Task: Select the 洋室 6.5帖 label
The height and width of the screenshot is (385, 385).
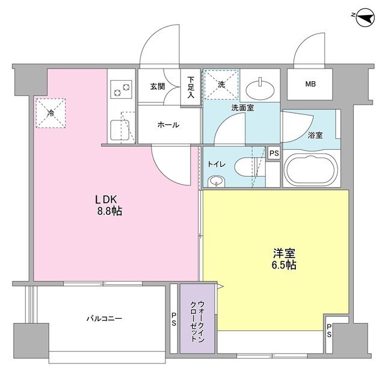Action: pos(284,258)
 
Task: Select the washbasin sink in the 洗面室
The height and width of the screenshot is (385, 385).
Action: pos(262,89)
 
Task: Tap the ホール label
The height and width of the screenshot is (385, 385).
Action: pos(168,125)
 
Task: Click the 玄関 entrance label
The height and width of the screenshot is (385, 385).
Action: pos(157,87)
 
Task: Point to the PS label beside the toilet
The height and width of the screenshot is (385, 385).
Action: pos(274,153)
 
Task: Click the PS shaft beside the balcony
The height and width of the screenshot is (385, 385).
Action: pos(173,319)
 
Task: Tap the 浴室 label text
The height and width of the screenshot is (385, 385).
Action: pos(315,135)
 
